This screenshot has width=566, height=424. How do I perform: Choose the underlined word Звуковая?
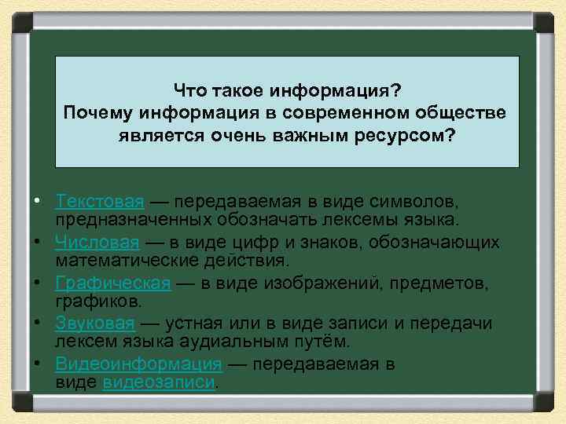tap(94, 323)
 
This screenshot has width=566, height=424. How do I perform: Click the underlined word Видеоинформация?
tap(138, 364)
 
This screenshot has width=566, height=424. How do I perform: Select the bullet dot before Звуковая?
tap(38, 323)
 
